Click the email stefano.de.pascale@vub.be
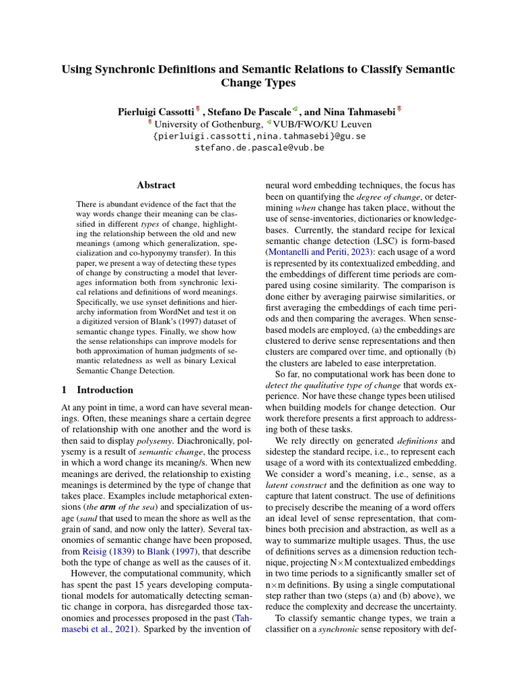click(x=258, y=147)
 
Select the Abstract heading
click(x=156, y=185)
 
